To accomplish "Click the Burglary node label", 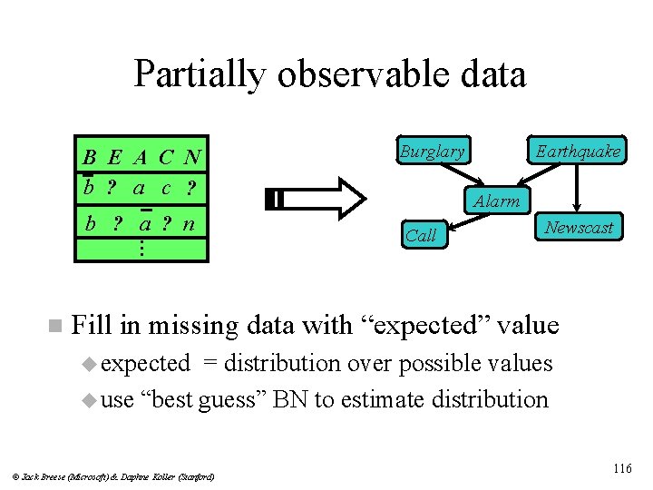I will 432,152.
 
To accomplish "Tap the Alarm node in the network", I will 497,201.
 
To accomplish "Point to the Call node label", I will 421,235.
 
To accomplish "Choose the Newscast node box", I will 579,227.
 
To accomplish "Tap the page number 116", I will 621,468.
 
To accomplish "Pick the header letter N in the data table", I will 191,157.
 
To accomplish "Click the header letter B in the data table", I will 90,157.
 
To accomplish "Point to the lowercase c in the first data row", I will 166,189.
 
